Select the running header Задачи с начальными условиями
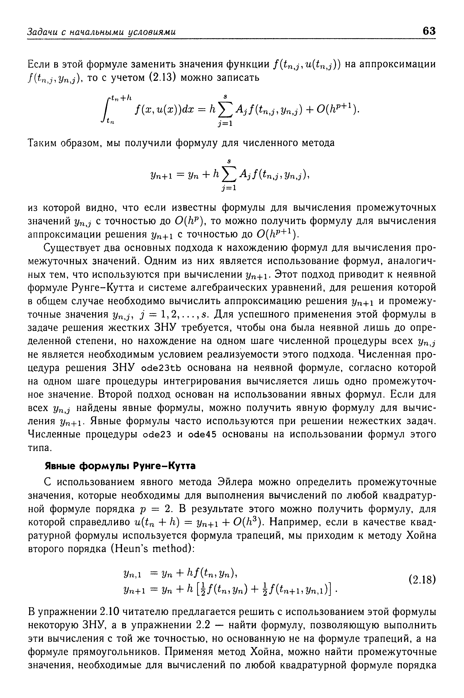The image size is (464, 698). pyautogui.click(x=102, y=31)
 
